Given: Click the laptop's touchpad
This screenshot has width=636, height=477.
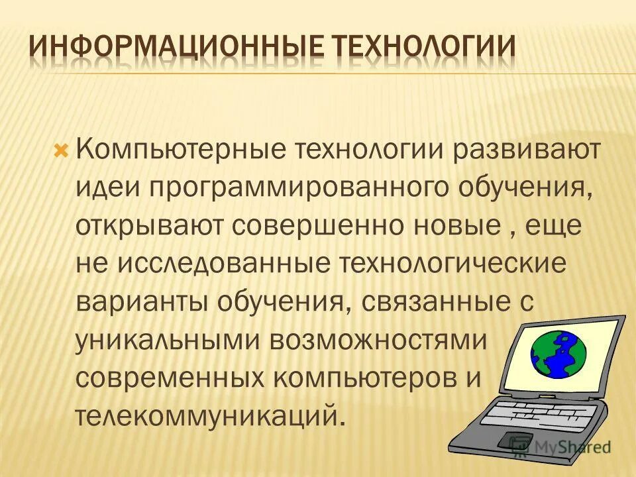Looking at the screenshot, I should (513, 441).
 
